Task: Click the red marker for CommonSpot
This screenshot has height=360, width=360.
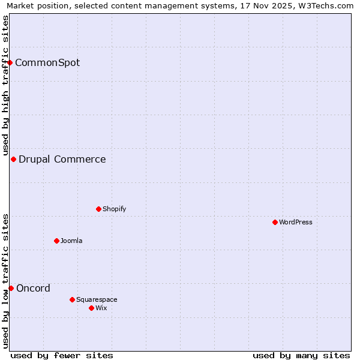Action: (10, 62)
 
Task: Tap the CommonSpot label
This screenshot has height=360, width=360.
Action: (47, 63)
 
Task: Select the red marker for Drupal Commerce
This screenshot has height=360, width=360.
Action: (13, 159)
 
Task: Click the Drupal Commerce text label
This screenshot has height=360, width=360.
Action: (62, 160)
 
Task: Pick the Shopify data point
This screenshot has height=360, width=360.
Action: (98, 209)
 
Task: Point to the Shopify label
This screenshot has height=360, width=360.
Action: (115, 209)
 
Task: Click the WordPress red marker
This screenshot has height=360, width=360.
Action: (275, 222)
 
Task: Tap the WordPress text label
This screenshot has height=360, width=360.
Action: (296, 223)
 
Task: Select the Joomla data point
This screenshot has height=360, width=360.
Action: (56, 241)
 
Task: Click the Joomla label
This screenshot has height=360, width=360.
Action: (71, 241)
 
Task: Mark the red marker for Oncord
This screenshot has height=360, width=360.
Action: (11, 288)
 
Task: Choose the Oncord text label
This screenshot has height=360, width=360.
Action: (34, 289)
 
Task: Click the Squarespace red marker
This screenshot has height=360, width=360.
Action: (72, 299)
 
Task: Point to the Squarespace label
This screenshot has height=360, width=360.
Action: (97, 300)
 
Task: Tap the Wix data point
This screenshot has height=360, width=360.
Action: (91, 308)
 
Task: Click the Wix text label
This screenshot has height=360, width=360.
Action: (101, 308)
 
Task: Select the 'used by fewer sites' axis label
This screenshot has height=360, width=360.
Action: (62, 356)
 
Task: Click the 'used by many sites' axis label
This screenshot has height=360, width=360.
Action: (301, 356)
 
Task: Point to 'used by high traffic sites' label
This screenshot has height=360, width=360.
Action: (5, 83)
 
